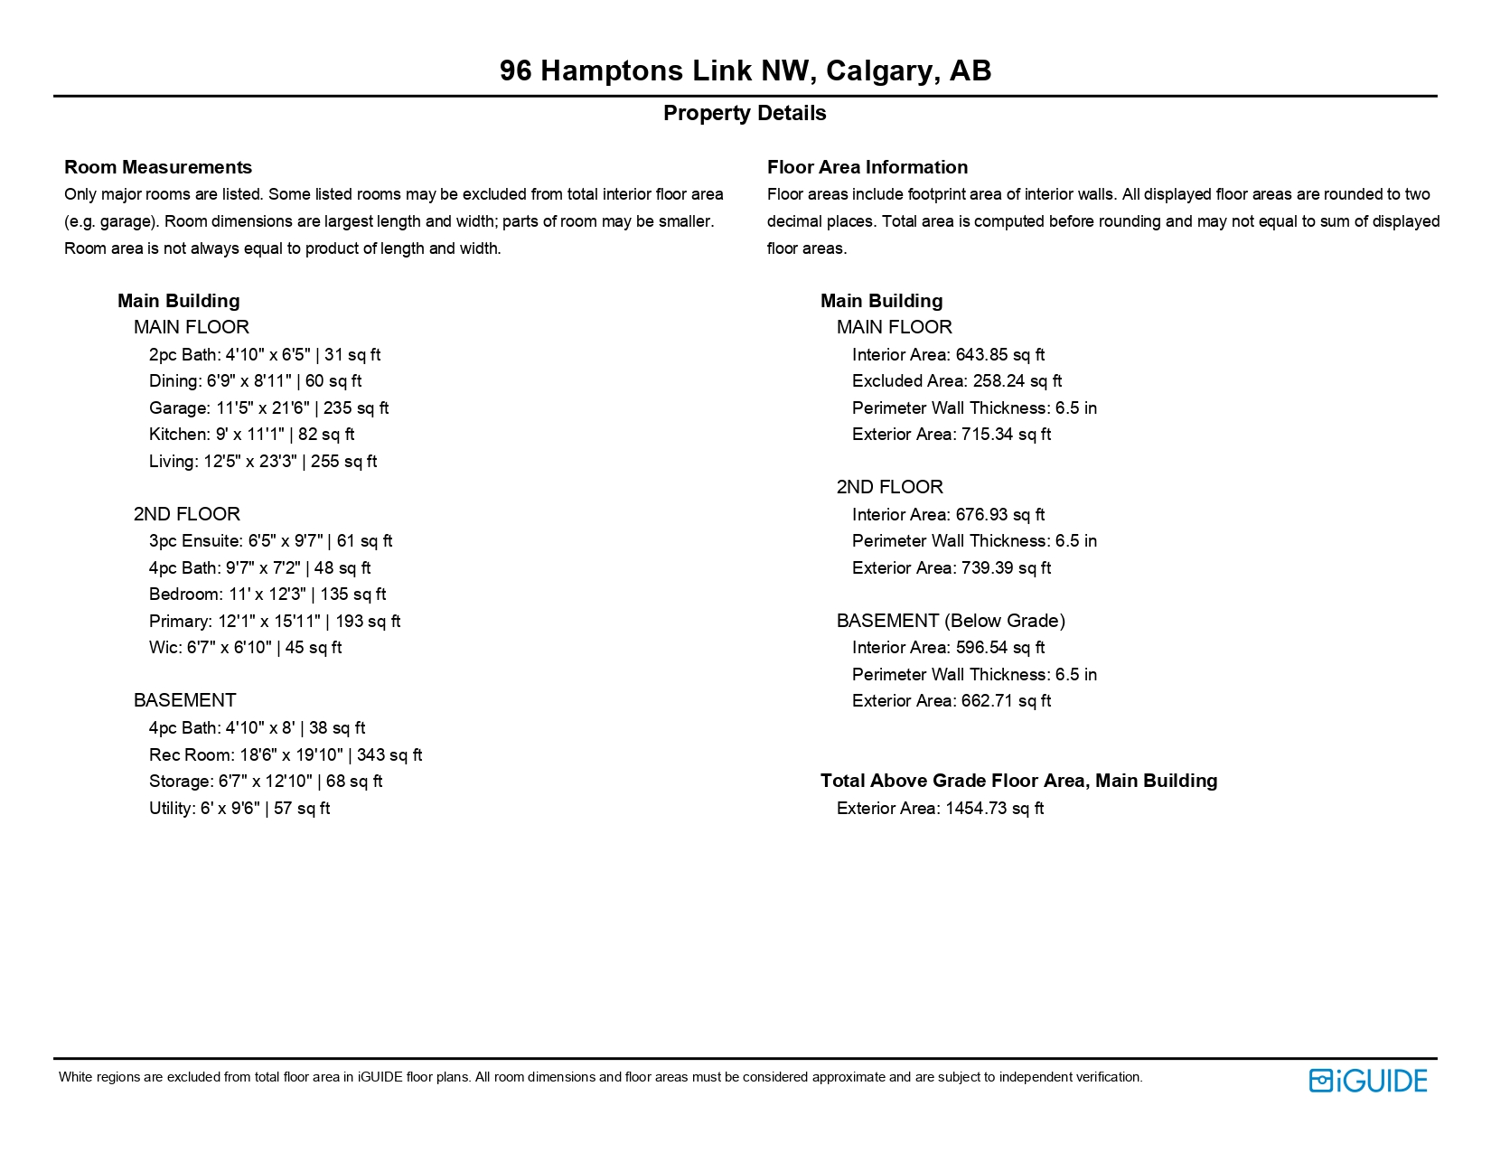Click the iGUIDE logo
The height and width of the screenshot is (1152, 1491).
pos(1367,1081)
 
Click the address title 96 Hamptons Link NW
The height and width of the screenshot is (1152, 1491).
pos(745,70)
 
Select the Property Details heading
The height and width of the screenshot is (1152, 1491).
pos(745,114)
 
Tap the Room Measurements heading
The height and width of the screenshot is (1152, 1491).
pos(158,167)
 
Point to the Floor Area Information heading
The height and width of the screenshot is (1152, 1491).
pos(867,167)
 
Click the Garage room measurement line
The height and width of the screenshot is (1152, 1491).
pos(268,408)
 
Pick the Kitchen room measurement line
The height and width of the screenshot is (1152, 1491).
pos(251,435)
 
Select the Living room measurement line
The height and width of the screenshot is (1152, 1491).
pos(263,462)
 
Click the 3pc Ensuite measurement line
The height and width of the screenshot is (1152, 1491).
pos(270,541)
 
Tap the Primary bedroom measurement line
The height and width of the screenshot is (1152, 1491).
pos(275,622)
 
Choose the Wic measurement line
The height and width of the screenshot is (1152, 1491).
pos(245,648)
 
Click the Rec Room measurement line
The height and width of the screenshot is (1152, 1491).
pos(286,755)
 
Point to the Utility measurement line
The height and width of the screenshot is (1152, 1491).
pos(239,809)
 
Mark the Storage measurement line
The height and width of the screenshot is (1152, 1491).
pos(266,782)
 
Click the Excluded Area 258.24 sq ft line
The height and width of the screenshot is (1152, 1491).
pos(956,381)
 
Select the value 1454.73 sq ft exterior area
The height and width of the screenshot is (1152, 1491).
pos(994,809)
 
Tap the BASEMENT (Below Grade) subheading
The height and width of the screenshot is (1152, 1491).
pos(951,621)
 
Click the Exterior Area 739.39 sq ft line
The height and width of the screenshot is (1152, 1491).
pos(951,568)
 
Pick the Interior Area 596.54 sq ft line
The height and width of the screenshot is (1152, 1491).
pos(948,648)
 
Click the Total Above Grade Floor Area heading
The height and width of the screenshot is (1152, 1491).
pos(1018,781)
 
